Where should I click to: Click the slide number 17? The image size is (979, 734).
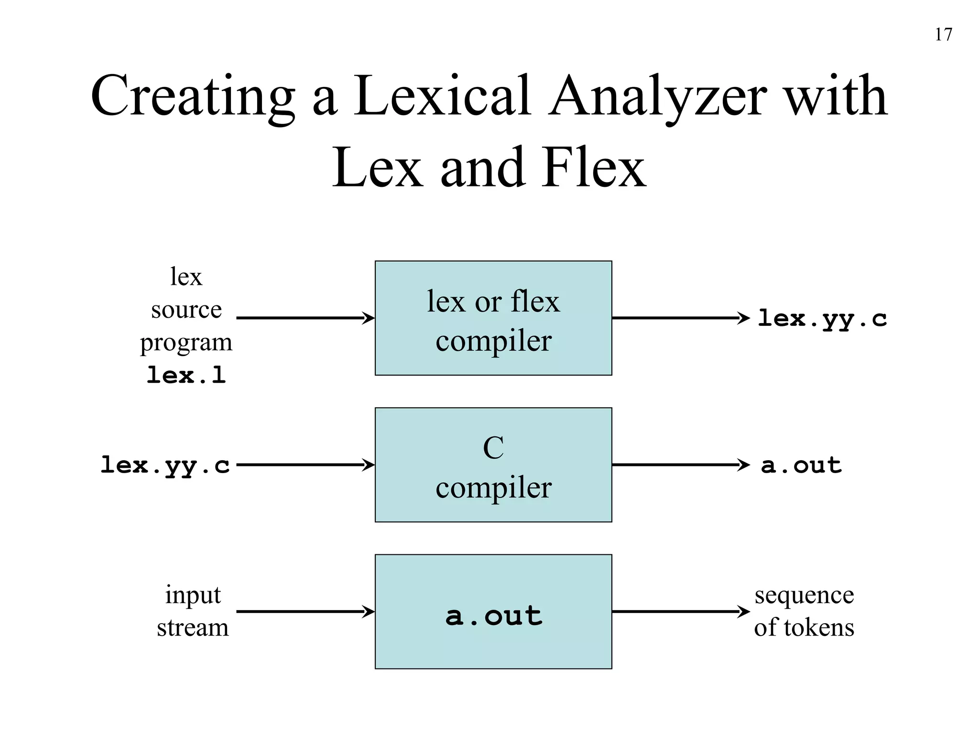coord(943,34)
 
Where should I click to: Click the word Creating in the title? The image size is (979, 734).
coord(192,97)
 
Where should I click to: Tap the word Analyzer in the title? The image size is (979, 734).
coord(657,97)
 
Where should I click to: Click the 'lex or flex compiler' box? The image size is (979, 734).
coord(493,318)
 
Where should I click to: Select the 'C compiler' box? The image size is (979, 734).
coord(493,465)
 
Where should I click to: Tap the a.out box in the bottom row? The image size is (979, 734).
coord(493,612)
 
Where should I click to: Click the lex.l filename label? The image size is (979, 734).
coord(186,375)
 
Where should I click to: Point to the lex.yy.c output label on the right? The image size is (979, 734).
coord(822,319)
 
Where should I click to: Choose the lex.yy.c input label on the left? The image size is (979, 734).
coord(165,465)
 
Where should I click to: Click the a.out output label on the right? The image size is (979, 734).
coord(801,465)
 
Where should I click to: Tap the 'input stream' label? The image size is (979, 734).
coord(193,611)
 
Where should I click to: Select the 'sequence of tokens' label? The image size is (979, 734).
coord(804,611)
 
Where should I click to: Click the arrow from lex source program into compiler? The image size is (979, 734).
coord(305,318)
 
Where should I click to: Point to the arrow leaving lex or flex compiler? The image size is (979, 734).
coord(681,318)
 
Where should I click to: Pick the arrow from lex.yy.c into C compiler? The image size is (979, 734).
coord(305,464)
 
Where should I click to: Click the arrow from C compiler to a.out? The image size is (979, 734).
coord(681,464)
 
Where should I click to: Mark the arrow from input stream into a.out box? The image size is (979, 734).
coord(305,611)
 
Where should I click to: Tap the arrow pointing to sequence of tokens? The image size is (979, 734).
coord(681,611)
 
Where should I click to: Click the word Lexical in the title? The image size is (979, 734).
coord(442,97)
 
